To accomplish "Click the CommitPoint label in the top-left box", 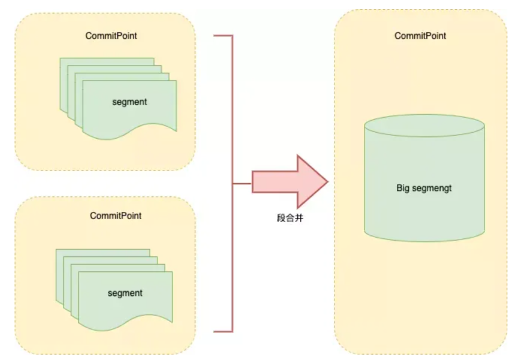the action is point(111,36).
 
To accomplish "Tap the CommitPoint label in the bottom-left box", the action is point(116,215).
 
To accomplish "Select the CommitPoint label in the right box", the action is point(420,36).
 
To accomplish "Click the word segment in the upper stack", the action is point(130,102).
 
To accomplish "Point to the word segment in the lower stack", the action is point(125,293).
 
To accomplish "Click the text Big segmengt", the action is point(424,188).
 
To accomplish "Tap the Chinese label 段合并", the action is point(290,218).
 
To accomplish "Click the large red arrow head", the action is point(312,182).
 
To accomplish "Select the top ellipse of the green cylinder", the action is point(425,125).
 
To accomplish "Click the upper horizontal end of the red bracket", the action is point(223,35).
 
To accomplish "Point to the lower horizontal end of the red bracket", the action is point(223,332).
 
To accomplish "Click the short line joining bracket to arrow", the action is point(242,184).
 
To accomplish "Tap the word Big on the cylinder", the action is point(403,188).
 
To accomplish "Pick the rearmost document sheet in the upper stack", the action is point(107,62).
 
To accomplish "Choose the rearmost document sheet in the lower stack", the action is point(103,253).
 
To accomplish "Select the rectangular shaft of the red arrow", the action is point(274,182).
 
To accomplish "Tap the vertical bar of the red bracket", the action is point(232,184).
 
